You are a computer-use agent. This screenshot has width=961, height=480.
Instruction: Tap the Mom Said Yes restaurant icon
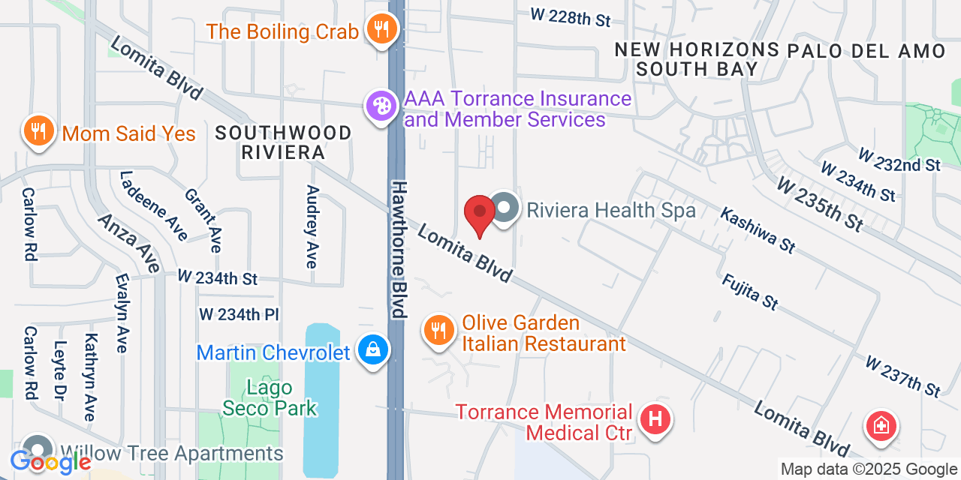click(x=37, y=130)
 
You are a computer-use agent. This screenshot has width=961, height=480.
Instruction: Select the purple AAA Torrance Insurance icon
click(x=381, y=106)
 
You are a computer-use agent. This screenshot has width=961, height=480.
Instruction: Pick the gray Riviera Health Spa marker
click(x=505, y=208)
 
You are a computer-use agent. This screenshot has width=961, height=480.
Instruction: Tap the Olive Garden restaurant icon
click(x=439, y=330)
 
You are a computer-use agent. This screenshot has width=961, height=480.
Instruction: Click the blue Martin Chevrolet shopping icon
click(x=373, y=349)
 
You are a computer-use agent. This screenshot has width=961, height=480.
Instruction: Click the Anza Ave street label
click(x=129, y=241)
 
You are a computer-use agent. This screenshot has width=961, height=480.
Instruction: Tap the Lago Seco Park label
click(x=270, y=397)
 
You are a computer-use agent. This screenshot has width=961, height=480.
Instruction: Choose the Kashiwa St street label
click(x=758, y=229)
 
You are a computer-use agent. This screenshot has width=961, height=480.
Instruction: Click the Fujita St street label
click(x=749, y=292)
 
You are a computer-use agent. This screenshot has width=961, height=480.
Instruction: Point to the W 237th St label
click(x=902, y=376)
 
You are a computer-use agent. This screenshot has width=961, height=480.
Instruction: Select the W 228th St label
click(x=570, y=16)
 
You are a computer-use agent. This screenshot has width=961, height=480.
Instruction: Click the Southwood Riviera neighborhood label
click(x=283, y=142)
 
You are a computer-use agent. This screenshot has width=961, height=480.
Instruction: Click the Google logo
click(x=50, y=462)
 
